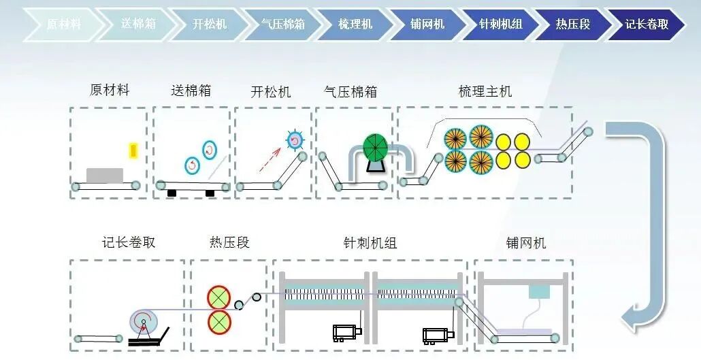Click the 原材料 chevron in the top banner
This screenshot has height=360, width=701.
(x=63, y=24)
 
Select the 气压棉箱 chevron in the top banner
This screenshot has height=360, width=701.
(x=282, y=24)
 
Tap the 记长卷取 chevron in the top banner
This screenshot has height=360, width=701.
(x=647, y=24)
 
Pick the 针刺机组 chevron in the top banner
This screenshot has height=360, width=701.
(x=500, y=24)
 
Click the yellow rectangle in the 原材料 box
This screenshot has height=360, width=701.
(x=133, y=151)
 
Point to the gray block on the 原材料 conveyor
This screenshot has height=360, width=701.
(x=105, y=175)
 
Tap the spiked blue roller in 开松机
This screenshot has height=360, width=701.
(x=295, y=140)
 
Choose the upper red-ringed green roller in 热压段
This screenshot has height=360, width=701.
(x=219, y=297)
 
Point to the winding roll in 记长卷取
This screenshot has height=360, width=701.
(x=144, y=321)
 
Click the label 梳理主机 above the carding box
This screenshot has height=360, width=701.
(x=485, y=92)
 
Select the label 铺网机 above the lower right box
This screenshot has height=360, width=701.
(x=525, y=243)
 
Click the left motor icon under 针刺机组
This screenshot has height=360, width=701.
(x=343, y=332)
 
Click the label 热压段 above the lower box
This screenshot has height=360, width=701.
(x=229, y=243)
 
